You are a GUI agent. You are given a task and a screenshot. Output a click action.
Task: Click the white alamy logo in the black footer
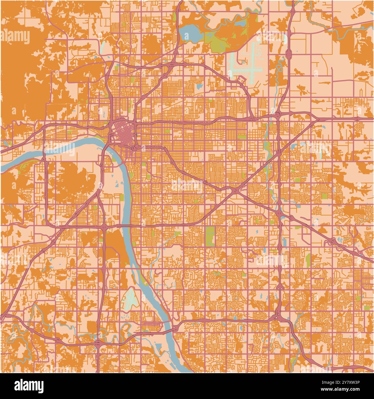pyautogui.click(x=29, y=386)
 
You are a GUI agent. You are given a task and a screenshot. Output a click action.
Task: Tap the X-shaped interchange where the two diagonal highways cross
pyautogui.click(x=235, y=190)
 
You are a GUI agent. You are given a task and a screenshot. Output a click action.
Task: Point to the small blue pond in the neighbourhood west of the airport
pyautogui.click(x=199, y=86)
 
